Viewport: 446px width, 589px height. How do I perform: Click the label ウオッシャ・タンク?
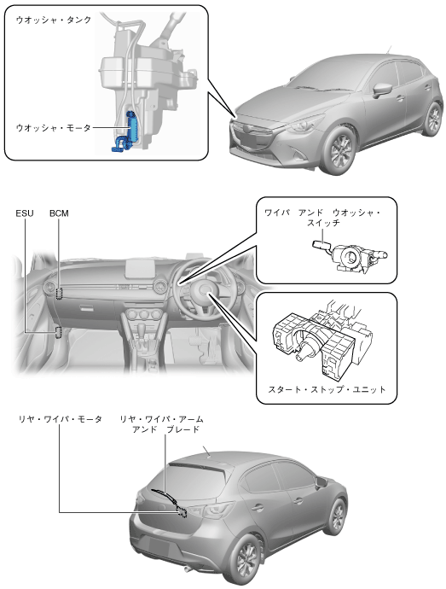pyautogui.click(x=54, y=20)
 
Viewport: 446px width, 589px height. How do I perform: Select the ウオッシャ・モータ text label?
pyautogui.click(x=54, y=128)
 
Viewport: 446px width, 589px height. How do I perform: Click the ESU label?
pyautogui.click(x=25, y=213)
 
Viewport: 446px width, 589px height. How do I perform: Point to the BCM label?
pyautogui.click(x=59, y=213)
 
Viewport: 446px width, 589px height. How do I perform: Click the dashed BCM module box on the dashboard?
pyautogui.click(x=59, y=294)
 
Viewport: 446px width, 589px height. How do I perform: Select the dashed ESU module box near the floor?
pyautogui.click(x=59, y=332)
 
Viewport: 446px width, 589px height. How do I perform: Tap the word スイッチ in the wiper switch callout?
pyautogui.click(x=323, y=223)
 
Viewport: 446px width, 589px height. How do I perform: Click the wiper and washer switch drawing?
pyautogui.click(x=349, y=256)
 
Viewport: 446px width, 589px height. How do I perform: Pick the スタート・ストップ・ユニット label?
pyautogui.click(x=327, y=389)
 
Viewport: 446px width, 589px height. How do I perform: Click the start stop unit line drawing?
pyautogui.click(x=322, y=340)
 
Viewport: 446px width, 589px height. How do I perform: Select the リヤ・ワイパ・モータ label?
pyautogui.click(x=60, y=419)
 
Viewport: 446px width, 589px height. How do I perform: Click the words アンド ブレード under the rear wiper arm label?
pyautogui.click(x=165, y=429)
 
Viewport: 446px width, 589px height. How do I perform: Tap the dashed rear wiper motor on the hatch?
pyautogui.click(x=182, y=511)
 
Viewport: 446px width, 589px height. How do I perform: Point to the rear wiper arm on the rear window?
pyautogui.click(x=165, y=497)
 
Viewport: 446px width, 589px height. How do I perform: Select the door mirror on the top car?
pyautogui.click(x=382, y=90)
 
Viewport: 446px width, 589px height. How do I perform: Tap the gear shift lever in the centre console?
pyautogui.click(x=141, y=330)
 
